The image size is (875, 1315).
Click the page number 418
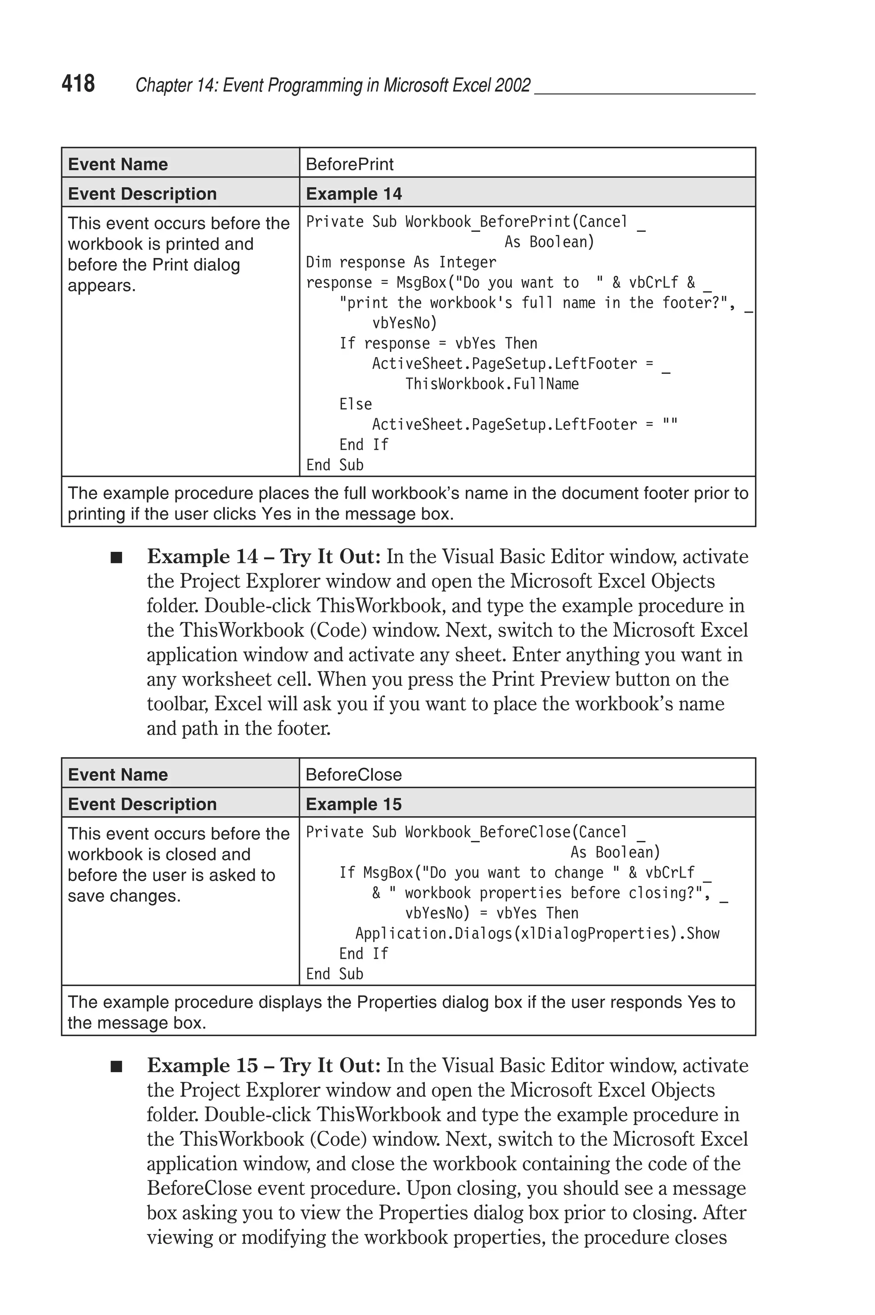tap(78, 84)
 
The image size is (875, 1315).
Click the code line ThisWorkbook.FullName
tap(492, 384)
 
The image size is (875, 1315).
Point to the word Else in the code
tap(355, 404)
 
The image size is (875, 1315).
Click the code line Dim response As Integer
tap(401, 262)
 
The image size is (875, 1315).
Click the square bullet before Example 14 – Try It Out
tap(116, 558)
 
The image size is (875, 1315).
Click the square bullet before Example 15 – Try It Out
tap(116, 1066)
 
